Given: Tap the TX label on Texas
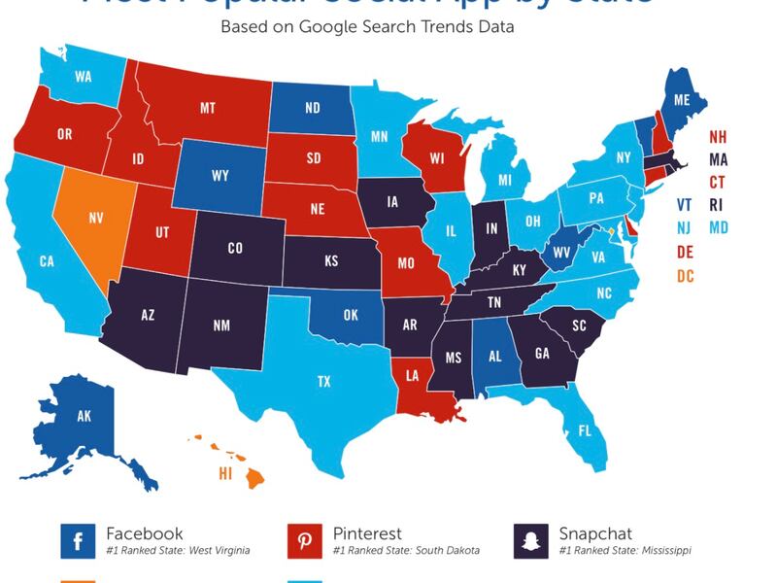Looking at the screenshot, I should pos(323,382).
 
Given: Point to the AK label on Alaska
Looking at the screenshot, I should pos(85,416).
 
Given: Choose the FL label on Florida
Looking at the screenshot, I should pos(585,429).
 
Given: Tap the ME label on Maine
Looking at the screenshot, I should pos(681,99).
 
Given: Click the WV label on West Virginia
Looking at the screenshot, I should pos(560,254).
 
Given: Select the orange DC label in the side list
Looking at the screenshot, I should pos(686,277).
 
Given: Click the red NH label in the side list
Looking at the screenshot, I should pos(718,137).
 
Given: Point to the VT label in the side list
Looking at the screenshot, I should pos(686,206).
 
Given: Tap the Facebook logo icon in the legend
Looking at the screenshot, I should pos(77,541).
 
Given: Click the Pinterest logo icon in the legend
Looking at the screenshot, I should pos(304,541).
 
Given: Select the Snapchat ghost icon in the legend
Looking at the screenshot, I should pos(530,541).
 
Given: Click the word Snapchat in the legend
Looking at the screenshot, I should pos(595,533).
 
